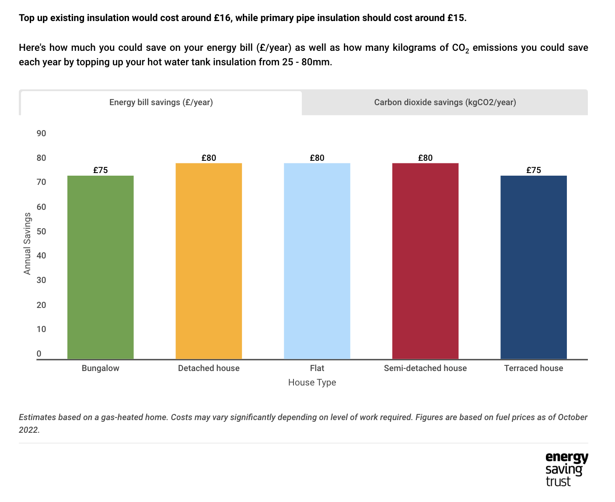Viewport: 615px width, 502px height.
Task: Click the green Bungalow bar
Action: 100,267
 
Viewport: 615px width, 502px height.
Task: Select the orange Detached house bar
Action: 209,261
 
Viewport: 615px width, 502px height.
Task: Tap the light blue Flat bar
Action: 317,261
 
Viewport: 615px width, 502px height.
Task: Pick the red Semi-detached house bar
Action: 425,261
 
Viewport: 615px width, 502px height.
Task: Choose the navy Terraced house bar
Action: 534,267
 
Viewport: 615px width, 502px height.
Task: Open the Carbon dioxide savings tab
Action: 445,103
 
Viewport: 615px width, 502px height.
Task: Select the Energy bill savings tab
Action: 161,103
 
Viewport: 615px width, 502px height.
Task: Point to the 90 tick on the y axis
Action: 42,133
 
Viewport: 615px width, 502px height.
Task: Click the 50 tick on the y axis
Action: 42,231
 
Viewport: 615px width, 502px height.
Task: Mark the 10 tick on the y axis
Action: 42,329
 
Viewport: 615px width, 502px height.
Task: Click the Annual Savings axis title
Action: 28,244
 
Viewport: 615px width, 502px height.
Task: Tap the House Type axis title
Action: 312,382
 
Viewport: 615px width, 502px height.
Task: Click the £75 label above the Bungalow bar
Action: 100,170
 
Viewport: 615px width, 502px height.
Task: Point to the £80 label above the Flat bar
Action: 317,158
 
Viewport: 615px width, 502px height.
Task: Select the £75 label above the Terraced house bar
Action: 534,170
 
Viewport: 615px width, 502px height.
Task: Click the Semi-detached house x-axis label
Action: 425,368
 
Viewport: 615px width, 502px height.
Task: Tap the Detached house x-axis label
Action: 209,368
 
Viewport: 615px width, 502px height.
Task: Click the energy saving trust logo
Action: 566,470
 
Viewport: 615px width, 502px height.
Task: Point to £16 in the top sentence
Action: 222,18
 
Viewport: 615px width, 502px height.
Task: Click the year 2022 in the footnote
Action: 28,430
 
